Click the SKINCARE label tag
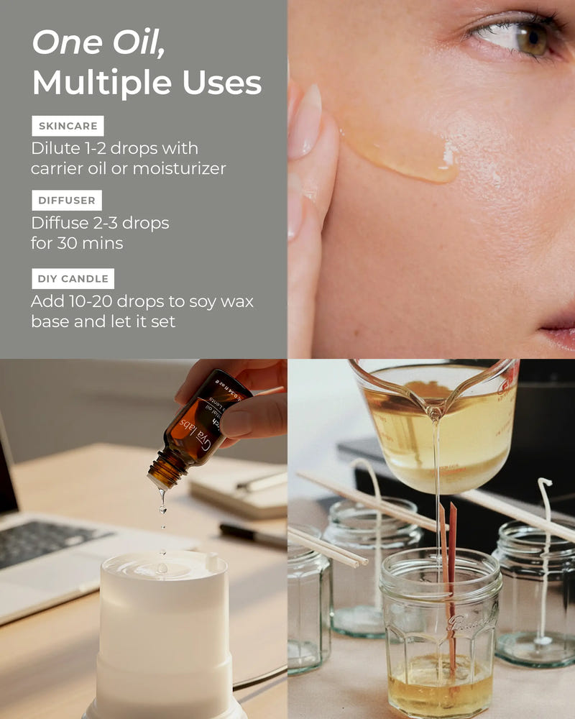(68, 127)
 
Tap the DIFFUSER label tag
(67, 201)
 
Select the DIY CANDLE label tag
(73, 279)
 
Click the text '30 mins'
(77, 243)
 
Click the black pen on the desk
(252, 536)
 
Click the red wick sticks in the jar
(448, 568)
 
